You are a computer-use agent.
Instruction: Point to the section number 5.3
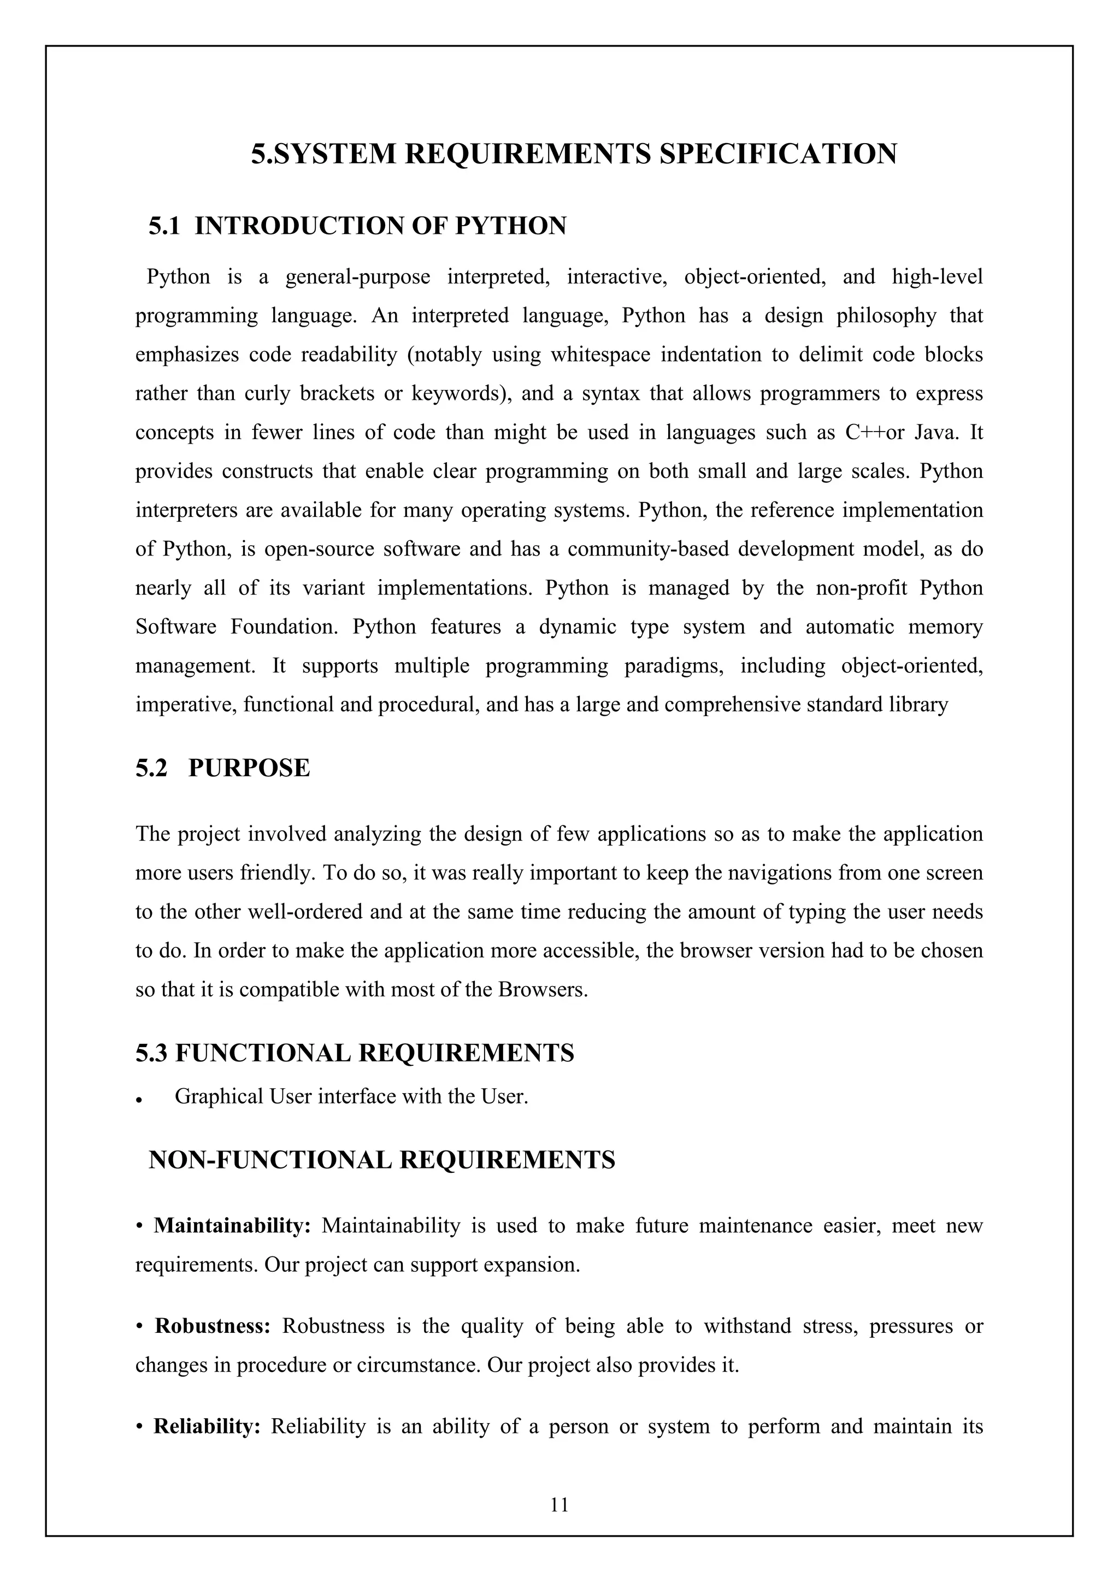coord(151,1053)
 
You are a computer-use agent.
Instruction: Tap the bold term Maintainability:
coord(232,1226)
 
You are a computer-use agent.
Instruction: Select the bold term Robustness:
coord(212,1326)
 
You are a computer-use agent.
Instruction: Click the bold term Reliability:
coord(207,1426)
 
